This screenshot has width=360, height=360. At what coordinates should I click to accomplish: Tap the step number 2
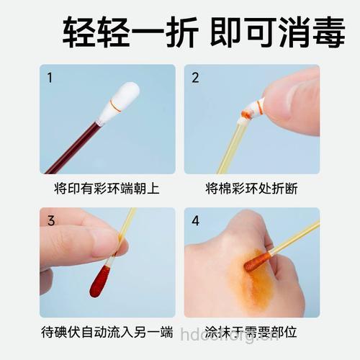click(x=195, y=78)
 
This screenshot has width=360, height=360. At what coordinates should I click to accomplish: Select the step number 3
click(x=50, y=221)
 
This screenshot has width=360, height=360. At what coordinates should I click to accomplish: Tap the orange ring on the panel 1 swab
click(x=114, y=107)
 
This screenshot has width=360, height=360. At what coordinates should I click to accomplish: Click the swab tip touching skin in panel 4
click(x=256, y=261)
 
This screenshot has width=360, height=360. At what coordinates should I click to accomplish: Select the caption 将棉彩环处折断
click(x=251, y=189)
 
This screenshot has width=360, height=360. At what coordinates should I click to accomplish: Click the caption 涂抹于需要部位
click(x=251, y=332)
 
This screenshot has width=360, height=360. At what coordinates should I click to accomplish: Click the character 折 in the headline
click(x=176, y=33)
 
